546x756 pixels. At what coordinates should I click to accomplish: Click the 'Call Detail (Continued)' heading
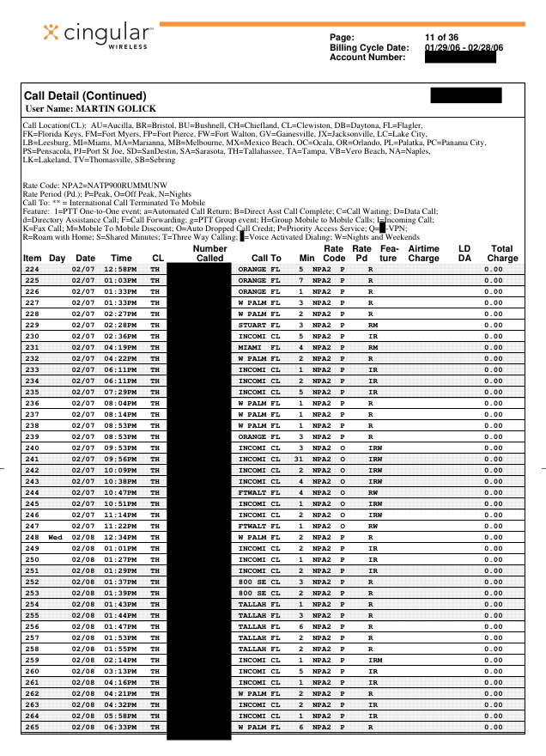(x=86, y=96)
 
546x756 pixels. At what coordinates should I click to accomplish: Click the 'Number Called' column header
(x=209, y=253)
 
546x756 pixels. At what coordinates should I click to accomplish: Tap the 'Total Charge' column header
(x=502, y=253)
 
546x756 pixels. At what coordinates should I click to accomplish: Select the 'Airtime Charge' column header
(x=423, y=253)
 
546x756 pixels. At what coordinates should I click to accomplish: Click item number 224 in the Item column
(x=32, y=269)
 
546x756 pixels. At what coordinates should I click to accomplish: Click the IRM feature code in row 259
(x=374, y=659)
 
